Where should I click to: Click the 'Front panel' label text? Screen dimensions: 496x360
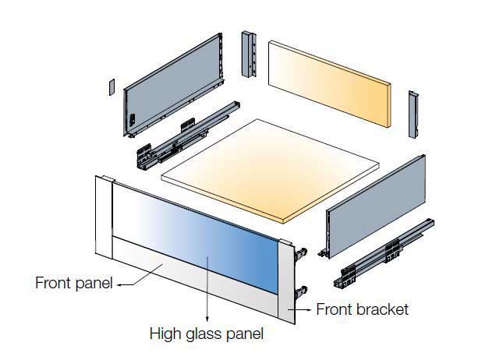[74, 283]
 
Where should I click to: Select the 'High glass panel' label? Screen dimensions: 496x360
[207, 334]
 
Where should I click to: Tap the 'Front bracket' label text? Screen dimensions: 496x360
[362, 309]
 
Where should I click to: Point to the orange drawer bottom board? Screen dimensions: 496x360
[271, 171]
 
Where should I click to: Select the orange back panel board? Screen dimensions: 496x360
[330, 83]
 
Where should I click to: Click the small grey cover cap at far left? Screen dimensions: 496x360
[112, 87]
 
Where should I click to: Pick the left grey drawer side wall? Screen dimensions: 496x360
[173, 86]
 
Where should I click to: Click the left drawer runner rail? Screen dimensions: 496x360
[188, 136]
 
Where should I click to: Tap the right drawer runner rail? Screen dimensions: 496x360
[384, 252]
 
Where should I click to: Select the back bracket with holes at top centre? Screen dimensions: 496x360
[249, 55]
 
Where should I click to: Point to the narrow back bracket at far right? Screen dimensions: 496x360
[413, 115]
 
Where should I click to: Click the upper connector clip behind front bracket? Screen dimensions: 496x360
[300, 253]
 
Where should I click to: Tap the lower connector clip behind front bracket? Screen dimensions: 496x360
[300, 292]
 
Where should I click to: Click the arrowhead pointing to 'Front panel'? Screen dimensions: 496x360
[120, 284]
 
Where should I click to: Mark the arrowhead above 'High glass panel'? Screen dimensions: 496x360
[207, 319]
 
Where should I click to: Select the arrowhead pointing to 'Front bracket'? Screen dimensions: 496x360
[310, 310]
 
